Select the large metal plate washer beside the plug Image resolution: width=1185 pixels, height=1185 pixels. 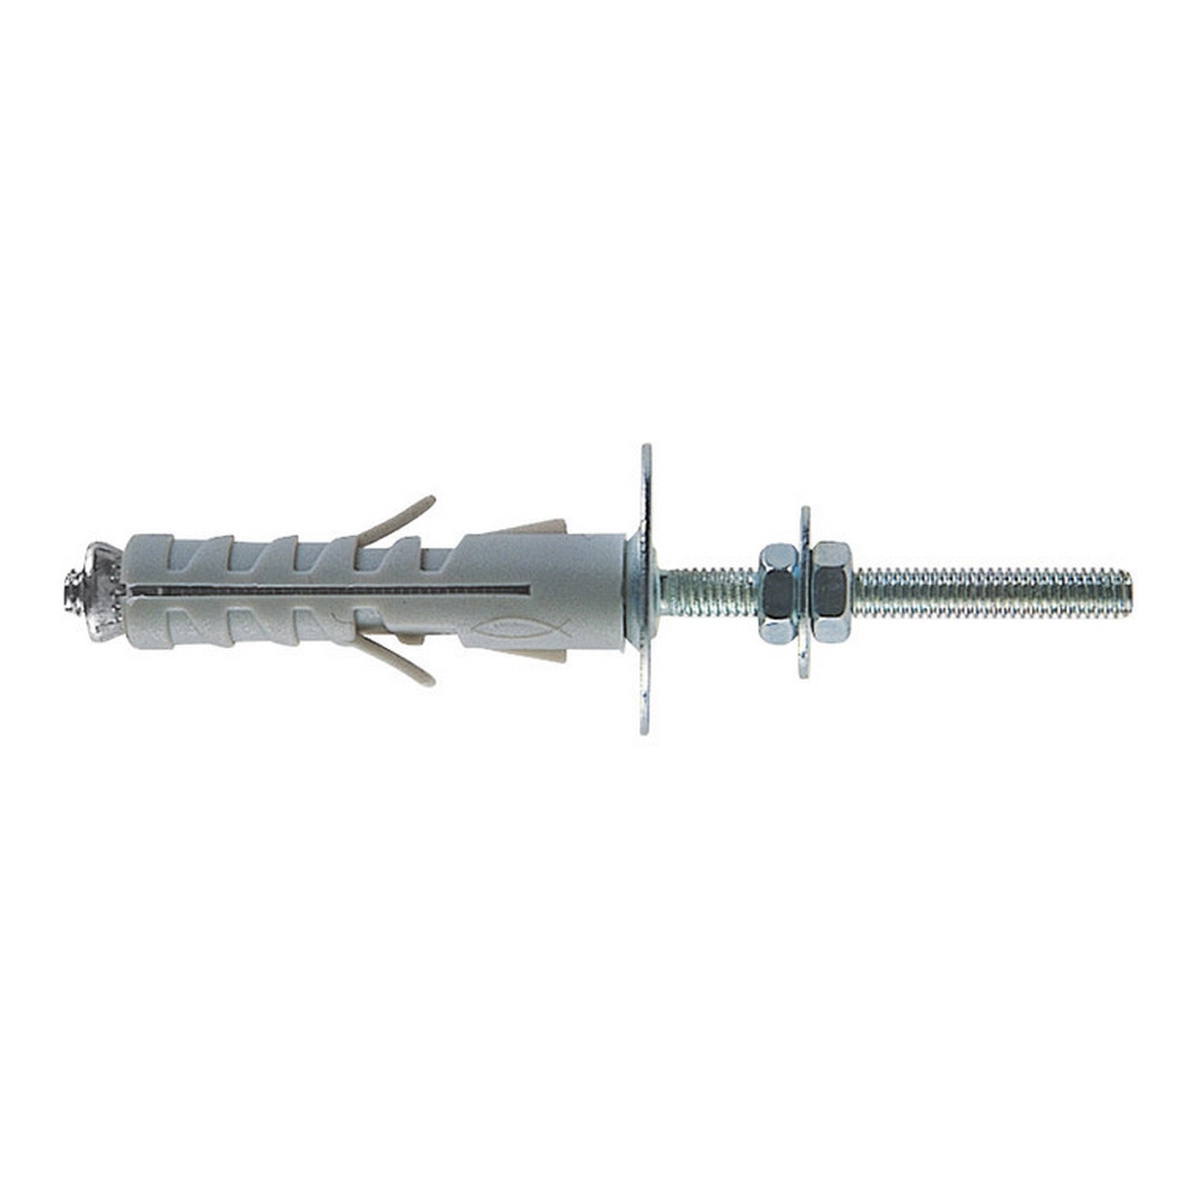pos(647,589)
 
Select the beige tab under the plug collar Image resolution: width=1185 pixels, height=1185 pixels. pos(541,655)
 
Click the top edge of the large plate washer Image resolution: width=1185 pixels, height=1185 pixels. pos(647,449)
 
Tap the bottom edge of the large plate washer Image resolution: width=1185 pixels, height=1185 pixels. pos(647,730)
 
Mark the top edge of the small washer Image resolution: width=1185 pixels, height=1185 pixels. pos(805,511)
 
